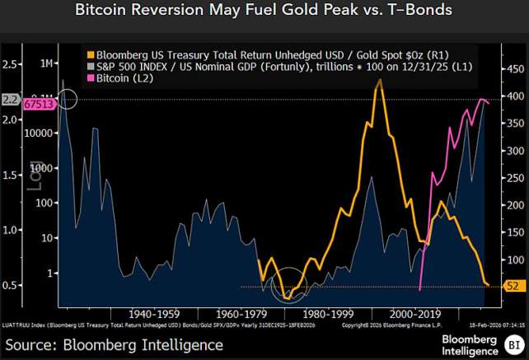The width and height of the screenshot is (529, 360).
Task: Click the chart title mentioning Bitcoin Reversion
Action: [x=264, y=12]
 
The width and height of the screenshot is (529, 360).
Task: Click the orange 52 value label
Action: [x=512, y=287]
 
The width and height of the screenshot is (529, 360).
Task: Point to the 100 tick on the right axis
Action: [x=513, y=259]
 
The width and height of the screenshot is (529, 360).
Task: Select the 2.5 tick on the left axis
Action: [x=12, y=63]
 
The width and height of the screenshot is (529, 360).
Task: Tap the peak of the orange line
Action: [x=378, y=80]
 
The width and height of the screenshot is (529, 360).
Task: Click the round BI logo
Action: [x=513, y=343]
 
